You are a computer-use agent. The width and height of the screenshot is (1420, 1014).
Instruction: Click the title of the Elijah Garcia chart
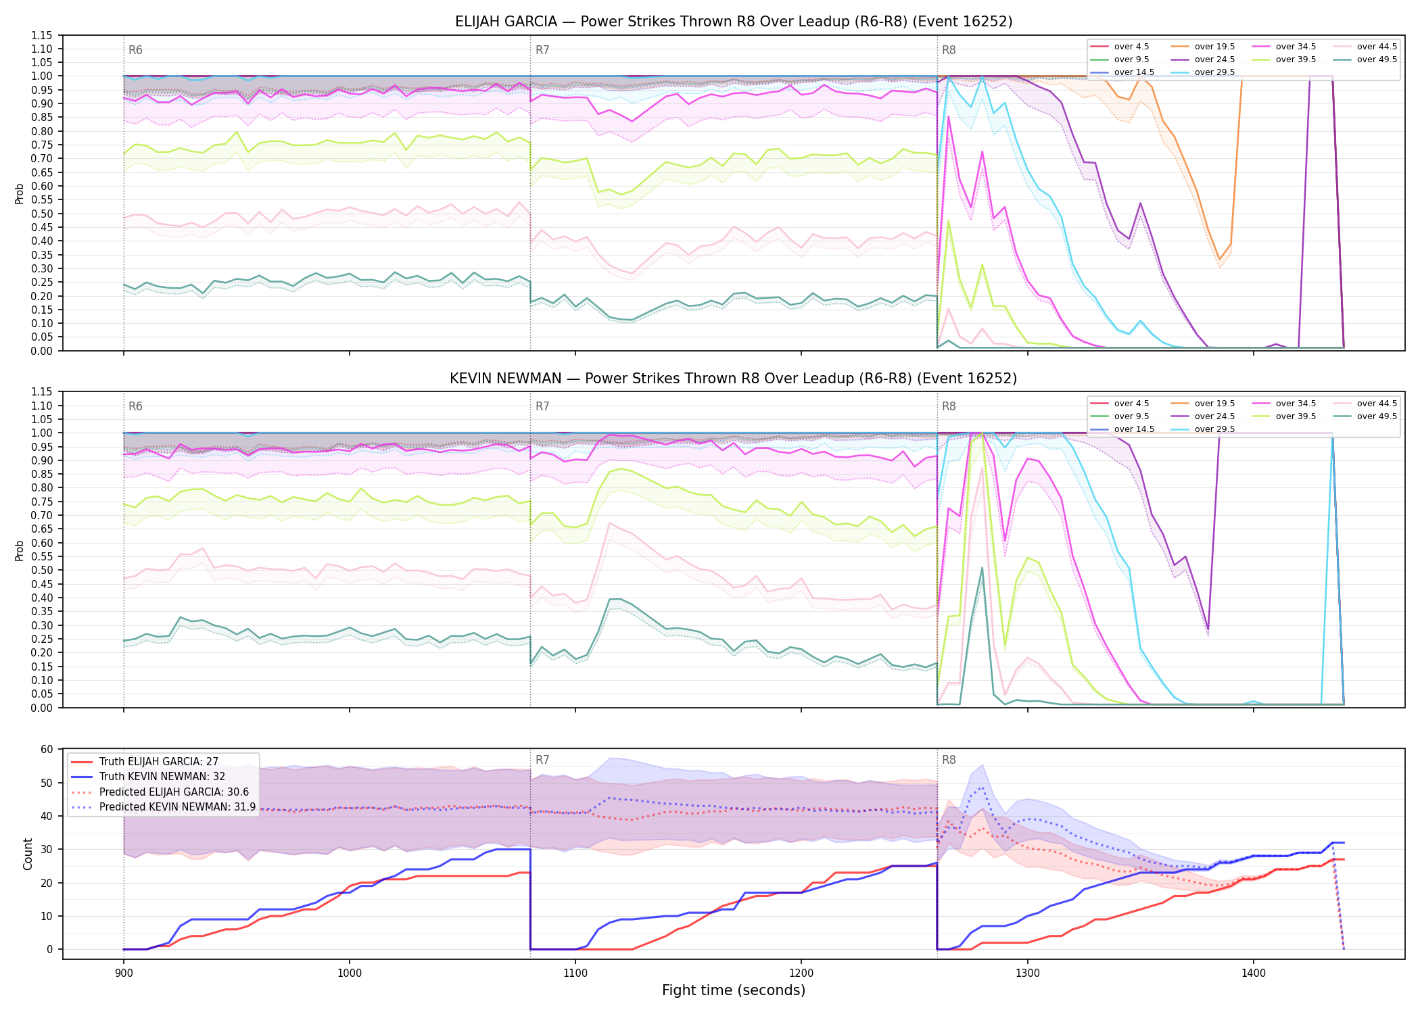pyautogui.click(x=734, y=22)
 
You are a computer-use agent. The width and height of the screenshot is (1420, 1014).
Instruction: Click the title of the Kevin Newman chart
pyautogui.click(x=734, y=379)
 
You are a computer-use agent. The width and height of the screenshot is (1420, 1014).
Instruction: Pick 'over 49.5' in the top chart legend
pyautogui.click(x=1377, y=59)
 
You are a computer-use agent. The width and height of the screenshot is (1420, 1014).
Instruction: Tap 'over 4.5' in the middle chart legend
pyautogui.click(x=1132, y=404)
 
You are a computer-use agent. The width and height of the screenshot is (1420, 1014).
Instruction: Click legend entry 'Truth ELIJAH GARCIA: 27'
pyautogui.click(x=159, y=762)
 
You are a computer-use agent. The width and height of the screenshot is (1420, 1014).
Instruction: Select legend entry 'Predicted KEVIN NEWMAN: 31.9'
pyautogui.click(x=178, y=807)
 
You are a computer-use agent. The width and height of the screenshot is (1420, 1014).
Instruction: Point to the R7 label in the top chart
pyautogui.click(x=542, y=50)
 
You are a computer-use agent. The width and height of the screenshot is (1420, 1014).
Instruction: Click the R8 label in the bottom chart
pyautogui.click(x=949, y=760)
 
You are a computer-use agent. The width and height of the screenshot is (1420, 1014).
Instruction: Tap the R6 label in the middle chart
pyautogui.click(x=135, y=406)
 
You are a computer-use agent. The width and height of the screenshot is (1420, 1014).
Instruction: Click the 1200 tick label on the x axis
pyautogui.click(x=801, y=973)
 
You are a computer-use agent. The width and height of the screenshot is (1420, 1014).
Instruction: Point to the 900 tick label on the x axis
pyautogui.click(x=123, y=973)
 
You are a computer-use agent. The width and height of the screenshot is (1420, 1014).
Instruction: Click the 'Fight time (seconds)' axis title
pyautogui.click(x=734, y=990)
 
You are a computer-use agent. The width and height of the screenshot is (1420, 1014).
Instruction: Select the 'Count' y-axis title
pyautogui.click(x=28, y=854)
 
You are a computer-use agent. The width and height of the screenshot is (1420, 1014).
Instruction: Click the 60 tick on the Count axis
pyautogui.click(x=47, y=749)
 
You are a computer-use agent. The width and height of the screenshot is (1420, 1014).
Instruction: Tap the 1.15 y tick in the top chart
pyautogui.click(x=43, y=35)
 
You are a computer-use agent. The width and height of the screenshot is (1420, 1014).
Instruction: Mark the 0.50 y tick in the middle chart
pyautogui.click(x=43, y=570)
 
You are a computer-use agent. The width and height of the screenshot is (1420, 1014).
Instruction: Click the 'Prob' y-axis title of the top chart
pyautogui.click(x=19, y=193)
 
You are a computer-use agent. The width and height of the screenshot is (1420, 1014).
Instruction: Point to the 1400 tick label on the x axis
pyautogui.click(x=1254, y=973)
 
